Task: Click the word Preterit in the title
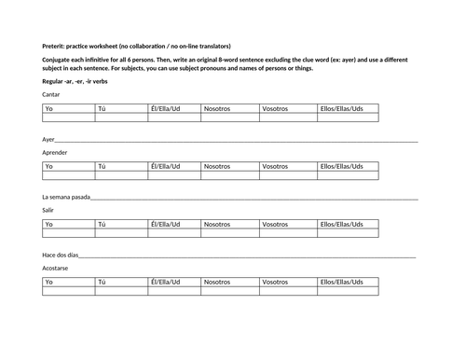tap(55, 47)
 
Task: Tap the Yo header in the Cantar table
tap(50, 109)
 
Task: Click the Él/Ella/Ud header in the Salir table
tap(165, 224)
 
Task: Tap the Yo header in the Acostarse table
tap(50, 281)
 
